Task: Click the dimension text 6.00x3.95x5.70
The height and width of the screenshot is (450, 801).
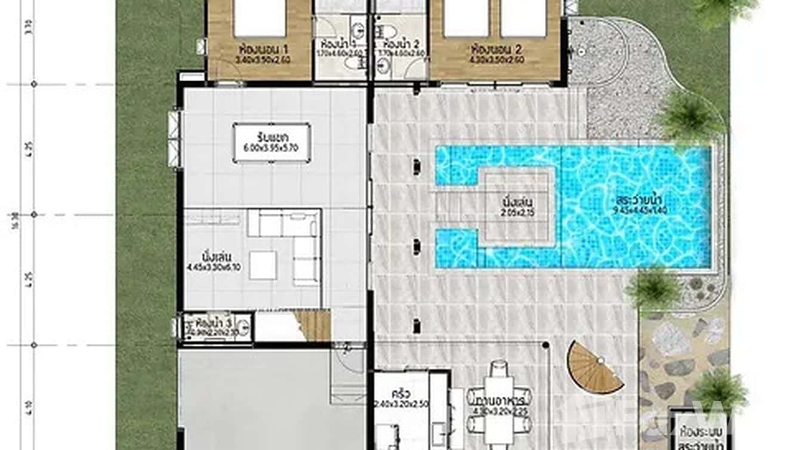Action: pos(272,149)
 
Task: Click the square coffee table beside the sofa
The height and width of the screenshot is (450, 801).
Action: pos(263,264)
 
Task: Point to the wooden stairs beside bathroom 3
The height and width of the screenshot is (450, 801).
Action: pos(312,326)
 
